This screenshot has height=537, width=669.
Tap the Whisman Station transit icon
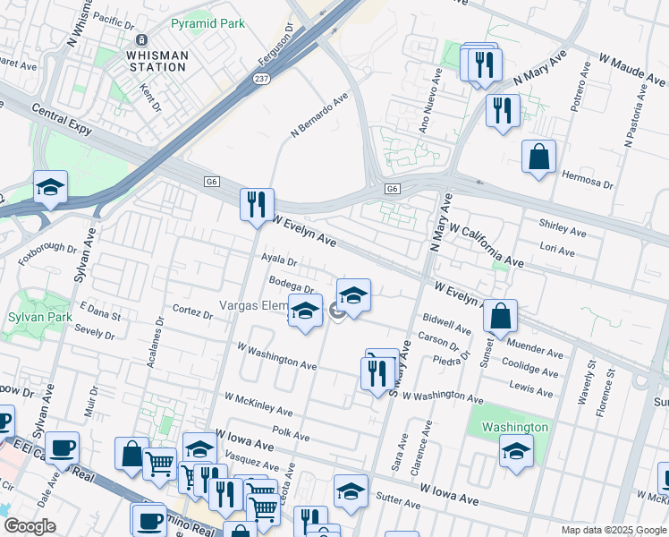pos(140,40)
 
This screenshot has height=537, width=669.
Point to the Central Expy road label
pos(62,120)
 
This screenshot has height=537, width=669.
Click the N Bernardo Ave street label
pos(318,116)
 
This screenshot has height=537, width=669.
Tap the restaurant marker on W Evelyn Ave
pos(257,205)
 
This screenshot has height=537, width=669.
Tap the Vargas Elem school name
pos(253,307)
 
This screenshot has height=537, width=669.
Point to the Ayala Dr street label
pos(278,260)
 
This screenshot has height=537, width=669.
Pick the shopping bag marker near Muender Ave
pos(500,315)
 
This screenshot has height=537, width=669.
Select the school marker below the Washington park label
pos(516,452)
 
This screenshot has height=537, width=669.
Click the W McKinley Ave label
pos(258,405)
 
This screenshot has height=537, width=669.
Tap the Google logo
pos(30,526)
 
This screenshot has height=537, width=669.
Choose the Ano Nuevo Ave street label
pos(431,104)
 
